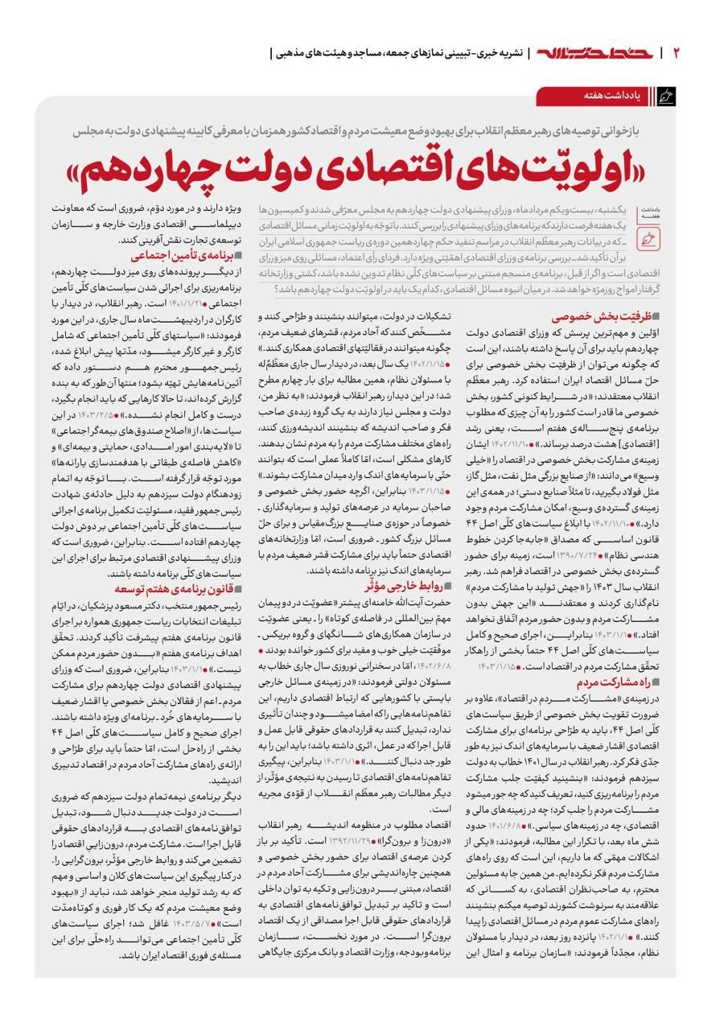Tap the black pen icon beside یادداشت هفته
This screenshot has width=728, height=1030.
665,97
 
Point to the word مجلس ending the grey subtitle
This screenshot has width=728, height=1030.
88,130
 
